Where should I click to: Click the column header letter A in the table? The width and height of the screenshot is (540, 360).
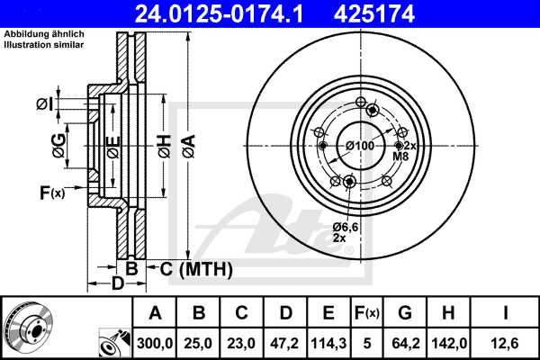[x=155, y=312]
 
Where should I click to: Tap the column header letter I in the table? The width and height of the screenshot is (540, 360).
[x=507, y=312]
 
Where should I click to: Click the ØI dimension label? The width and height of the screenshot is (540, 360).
[x=44, y=104]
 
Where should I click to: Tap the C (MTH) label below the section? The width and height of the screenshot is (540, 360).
[x=191, y=269]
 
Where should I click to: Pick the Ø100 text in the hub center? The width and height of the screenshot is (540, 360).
[x=359, y=146]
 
